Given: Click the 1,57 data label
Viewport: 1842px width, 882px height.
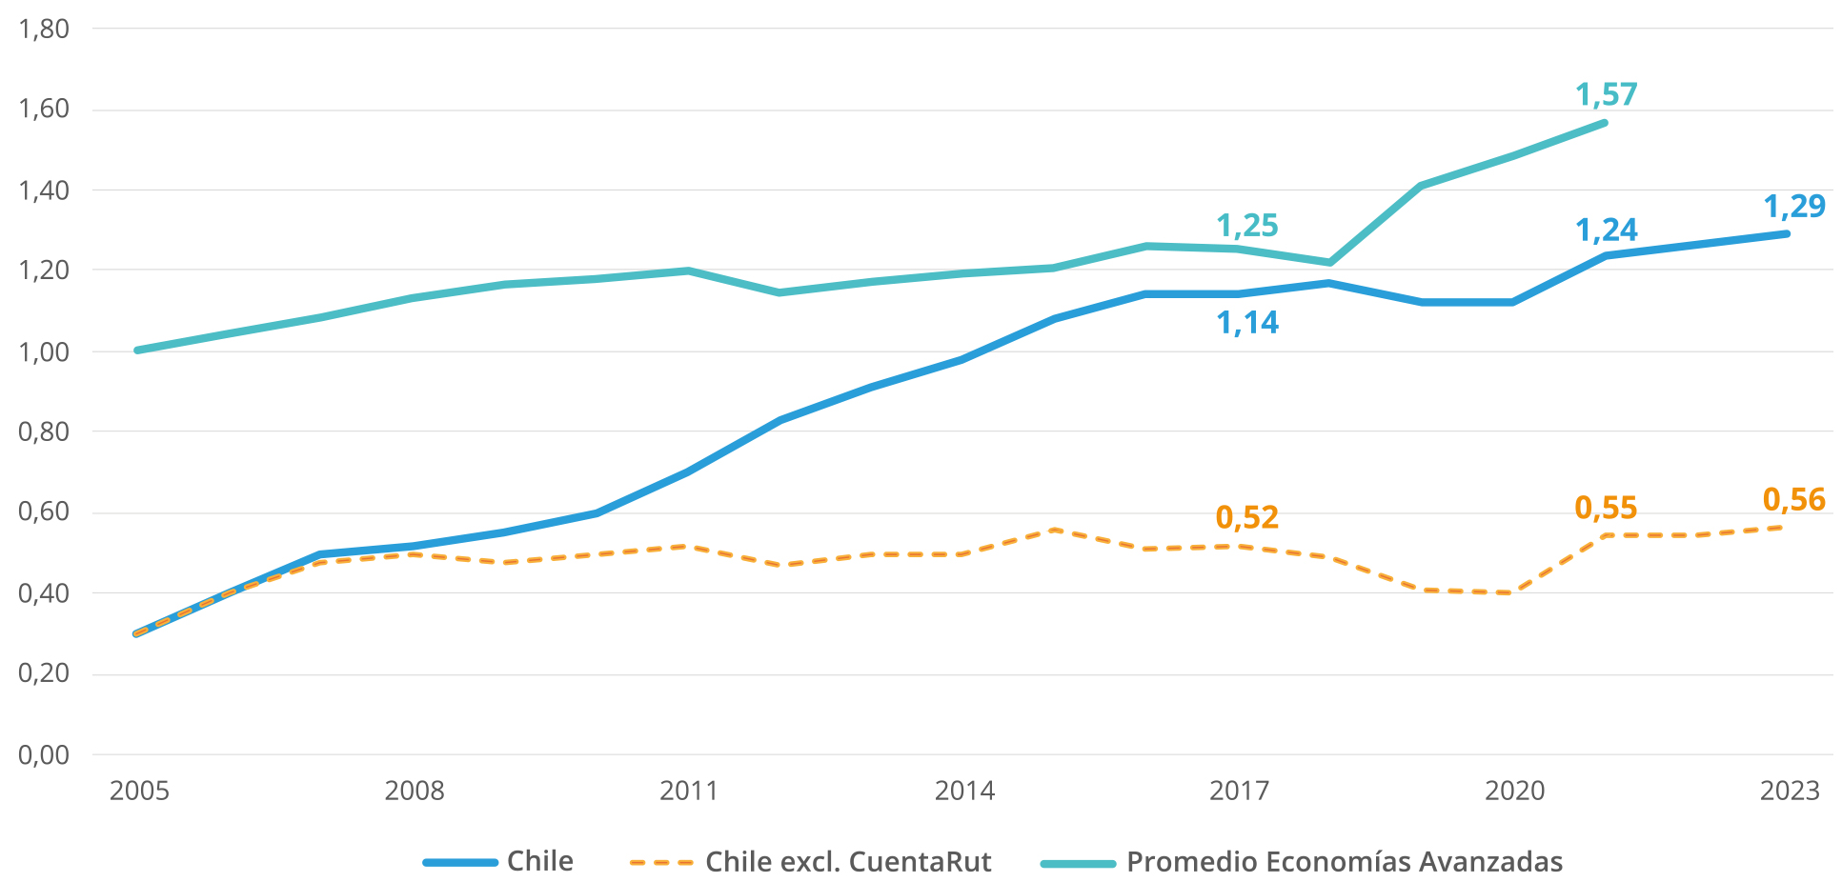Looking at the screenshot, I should point(1606,94).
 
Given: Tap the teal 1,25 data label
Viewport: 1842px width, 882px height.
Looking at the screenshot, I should point(1247,226).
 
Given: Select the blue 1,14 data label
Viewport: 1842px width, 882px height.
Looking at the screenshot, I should point(1247,323).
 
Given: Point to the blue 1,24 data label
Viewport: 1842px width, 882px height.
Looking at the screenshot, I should point(1607,230).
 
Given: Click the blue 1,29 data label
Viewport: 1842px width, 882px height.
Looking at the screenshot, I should point(1793,206).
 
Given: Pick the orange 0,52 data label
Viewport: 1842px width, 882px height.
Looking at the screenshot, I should point(1246,517).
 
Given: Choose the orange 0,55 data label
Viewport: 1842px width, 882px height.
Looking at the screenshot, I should point(1606,508).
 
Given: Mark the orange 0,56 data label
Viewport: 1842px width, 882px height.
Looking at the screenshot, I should point(1793,499).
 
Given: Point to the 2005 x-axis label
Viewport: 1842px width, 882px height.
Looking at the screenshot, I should point(139,791).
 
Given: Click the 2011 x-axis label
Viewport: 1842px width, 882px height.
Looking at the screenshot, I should point(689,791).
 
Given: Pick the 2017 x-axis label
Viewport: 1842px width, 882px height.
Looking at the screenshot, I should point(1239,791).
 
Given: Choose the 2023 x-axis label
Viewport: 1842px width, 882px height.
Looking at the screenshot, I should point(1789,791).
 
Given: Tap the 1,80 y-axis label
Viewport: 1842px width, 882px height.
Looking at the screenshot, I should point(44,29).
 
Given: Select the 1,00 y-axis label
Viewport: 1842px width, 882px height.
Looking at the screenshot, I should point(44,351).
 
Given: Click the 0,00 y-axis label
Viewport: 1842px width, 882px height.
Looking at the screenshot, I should point(44,755).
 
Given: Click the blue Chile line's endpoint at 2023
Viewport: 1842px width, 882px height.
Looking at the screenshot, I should point(1787,233).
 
